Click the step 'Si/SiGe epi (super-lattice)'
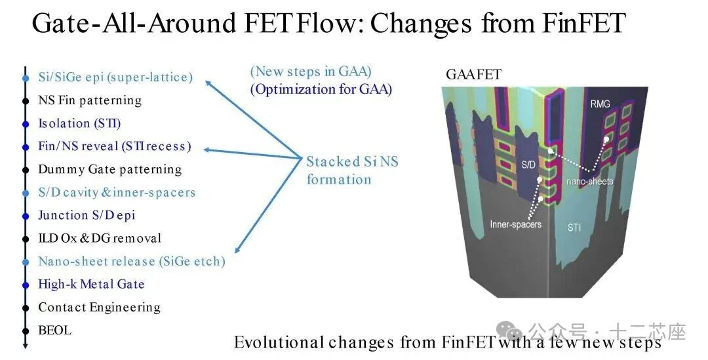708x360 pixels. pyautogui.click(x=115, y=77)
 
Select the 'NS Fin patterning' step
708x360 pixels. pyautogui.click(x=90, y=100)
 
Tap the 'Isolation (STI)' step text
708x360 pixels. pyautogui.click(x=79, y=123)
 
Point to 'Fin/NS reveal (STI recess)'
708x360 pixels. pyautogui.click(x=115, y=146)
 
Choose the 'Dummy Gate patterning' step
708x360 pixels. pyautogui.click(x=109, y=169)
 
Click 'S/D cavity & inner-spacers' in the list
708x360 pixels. pyautogui.click(x=117, y=192)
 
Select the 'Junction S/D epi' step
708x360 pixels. pyautogui.click(x=87, y=215)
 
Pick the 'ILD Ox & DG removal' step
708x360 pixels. pyautogui.click(x=100, y=238)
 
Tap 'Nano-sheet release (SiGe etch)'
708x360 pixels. pyautogui.click(x=131, y=261)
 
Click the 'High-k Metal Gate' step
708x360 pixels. pyautogui.click(x=91, y=284)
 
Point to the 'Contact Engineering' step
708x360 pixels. pyautogui.click(x=99, y=307)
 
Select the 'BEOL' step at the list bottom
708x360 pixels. pyautogui.click(x=54, y=330)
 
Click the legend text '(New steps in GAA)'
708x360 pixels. pyautogui.click(x=311, y=71)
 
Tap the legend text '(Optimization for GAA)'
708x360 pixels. pyautogui.click(x=321, y=89)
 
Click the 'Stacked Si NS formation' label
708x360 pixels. pyautogui.click(x=351, y=170)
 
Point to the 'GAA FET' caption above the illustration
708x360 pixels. pyautogui.click(x=473, y=75)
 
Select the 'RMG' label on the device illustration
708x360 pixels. pyautogui.click(x=599, y=104)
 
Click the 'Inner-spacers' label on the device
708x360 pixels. pyautogui.click(x=515, y=224)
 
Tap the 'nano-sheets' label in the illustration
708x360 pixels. pyautogui.click(x=591, y=181)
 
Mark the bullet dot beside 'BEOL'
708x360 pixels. pyautogui.click(x=25, y=330)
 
